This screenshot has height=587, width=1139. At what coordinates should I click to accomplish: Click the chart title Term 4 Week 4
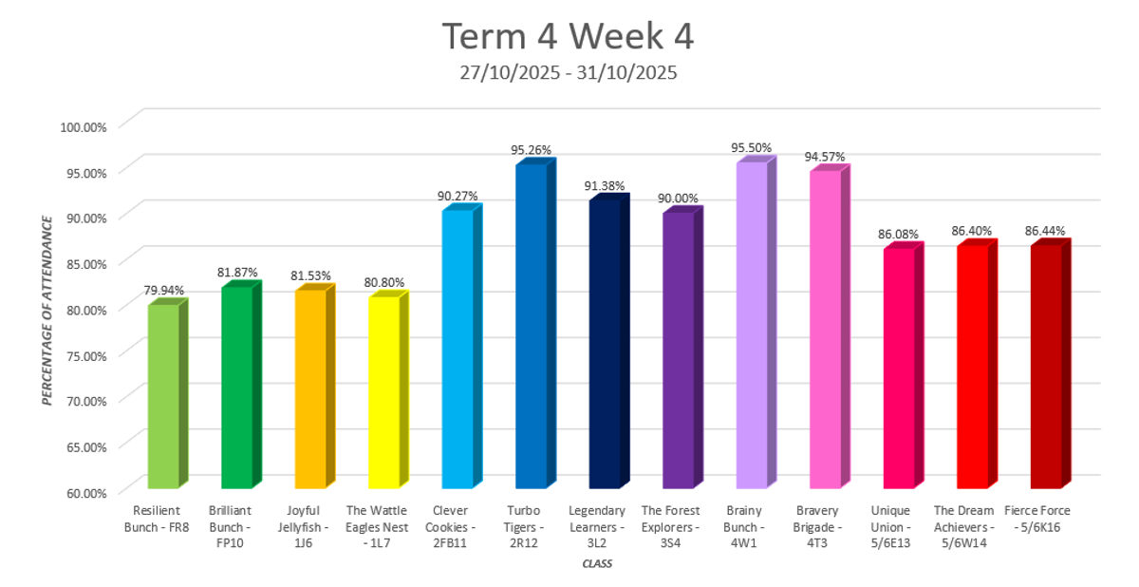pos(569,37)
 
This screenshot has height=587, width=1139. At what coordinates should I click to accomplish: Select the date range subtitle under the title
pos(569,72)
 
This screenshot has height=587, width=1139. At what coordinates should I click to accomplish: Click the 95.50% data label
pos(751,149)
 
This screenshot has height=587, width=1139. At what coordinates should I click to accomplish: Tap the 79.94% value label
pos(163,290)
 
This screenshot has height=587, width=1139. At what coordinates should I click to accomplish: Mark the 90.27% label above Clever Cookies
pos(457,196)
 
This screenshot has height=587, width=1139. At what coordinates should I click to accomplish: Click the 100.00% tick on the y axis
pos(84,125)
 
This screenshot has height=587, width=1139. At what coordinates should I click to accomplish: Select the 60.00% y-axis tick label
pos(85,491)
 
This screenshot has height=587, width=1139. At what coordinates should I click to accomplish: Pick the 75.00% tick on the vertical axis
pos(85,354)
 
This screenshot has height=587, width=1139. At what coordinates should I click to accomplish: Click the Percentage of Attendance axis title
pos(47,308)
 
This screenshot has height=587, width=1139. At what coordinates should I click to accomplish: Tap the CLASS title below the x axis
pos(597,564)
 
